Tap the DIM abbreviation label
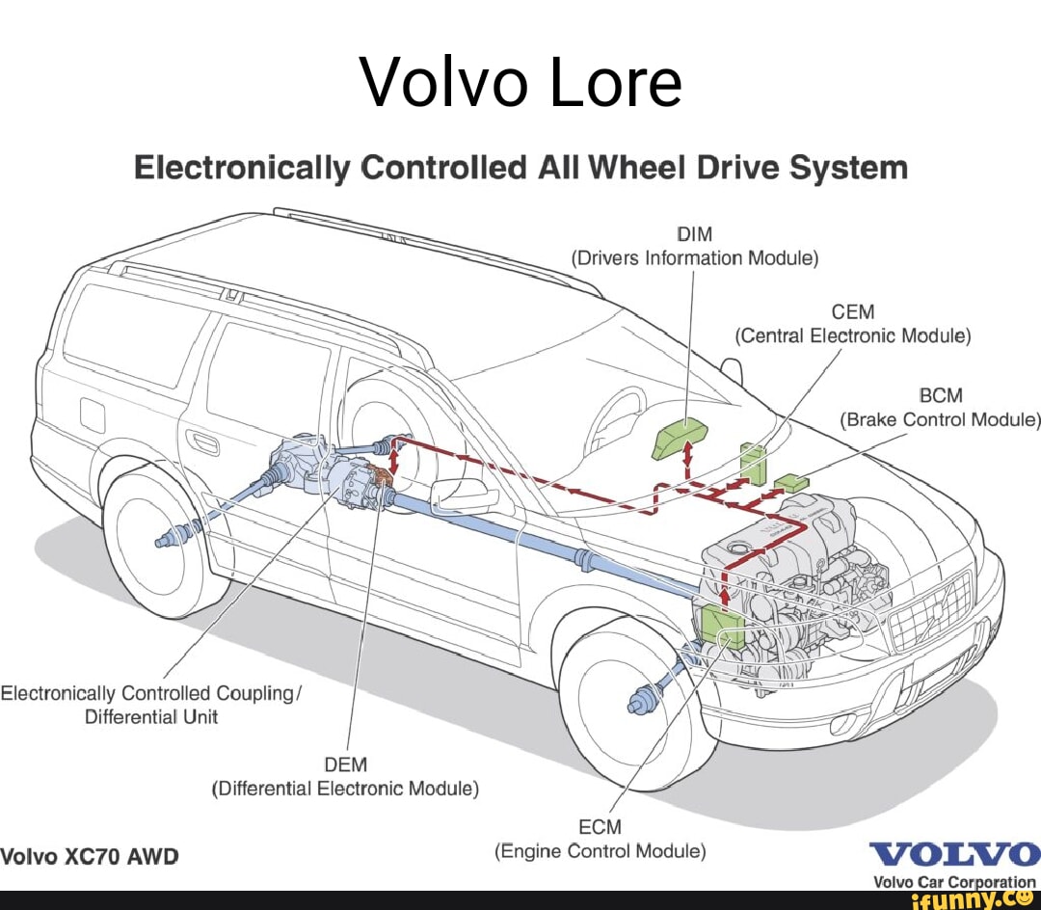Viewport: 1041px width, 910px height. coord(694,233)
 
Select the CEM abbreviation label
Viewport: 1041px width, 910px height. coord(853,311)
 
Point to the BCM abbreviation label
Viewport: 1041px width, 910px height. coord(941,395)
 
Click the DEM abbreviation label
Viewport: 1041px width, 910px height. coord(346,764)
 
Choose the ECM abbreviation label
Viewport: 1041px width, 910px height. coord(600,827)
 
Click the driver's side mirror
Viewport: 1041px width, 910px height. coord(464,495)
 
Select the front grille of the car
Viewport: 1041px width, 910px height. coord(930,612)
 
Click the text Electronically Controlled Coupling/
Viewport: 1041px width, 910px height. coord(151,693)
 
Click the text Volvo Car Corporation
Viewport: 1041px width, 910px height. coord(955,881)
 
